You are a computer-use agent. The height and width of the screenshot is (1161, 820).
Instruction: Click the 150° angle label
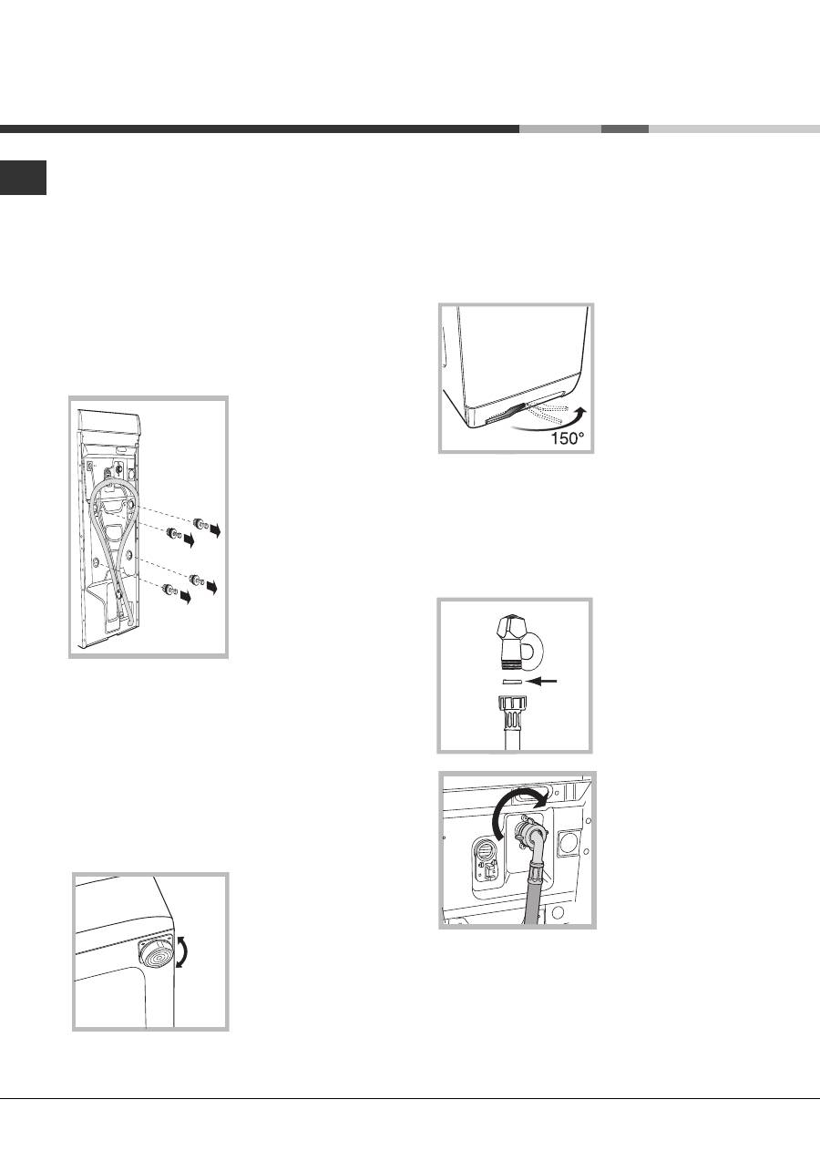pyautogui.click(x=567, y=438)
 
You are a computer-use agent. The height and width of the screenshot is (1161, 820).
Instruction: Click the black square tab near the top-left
pyautogui.click(x=23, y=178)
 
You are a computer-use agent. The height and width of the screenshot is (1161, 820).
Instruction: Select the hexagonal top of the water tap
pyautogui.click(x=510, y=629)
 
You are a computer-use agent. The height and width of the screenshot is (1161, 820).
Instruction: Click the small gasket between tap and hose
pyautogui.click(x=511, y=681)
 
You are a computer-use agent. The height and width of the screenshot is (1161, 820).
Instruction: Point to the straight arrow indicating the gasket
pyautogui.click(x=541, y=681)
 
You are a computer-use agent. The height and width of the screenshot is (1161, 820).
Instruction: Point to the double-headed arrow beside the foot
pyautogui.click(x=181, y=952)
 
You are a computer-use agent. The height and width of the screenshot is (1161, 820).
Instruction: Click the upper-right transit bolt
pyautogui.click(x=200, y=524)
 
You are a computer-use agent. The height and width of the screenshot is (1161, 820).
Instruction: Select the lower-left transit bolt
pyautogui.click(x=170, y=590)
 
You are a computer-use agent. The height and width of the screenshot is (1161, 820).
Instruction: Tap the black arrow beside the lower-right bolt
pyautogui.click(x=212, y=587)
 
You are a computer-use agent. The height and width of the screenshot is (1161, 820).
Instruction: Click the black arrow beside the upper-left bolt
pyautogui.click(x=189, y=541)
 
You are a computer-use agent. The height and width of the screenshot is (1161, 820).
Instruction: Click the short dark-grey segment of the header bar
pyautogui.click(x=625, y=129)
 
